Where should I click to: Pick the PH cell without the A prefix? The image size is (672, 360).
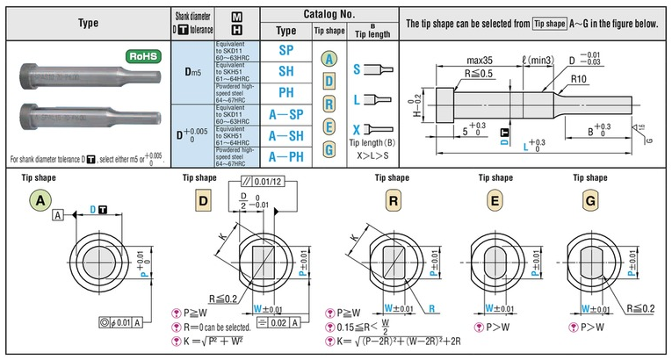click(285, 93)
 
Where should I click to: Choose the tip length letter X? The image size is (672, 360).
click(358, 128)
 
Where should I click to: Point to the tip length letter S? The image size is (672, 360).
click(358, 68)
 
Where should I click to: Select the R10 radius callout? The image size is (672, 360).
click(578, 79)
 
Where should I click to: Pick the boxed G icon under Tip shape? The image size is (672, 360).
click(588, 200)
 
